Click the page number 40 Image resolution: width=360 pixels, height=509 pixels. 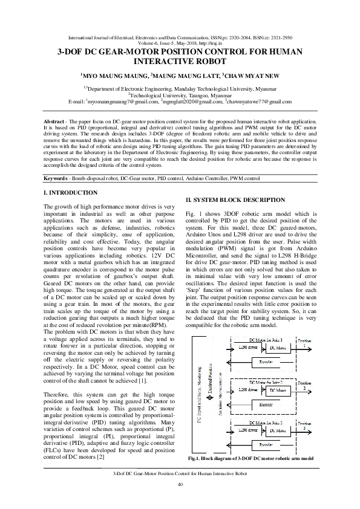pos(180,485)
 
